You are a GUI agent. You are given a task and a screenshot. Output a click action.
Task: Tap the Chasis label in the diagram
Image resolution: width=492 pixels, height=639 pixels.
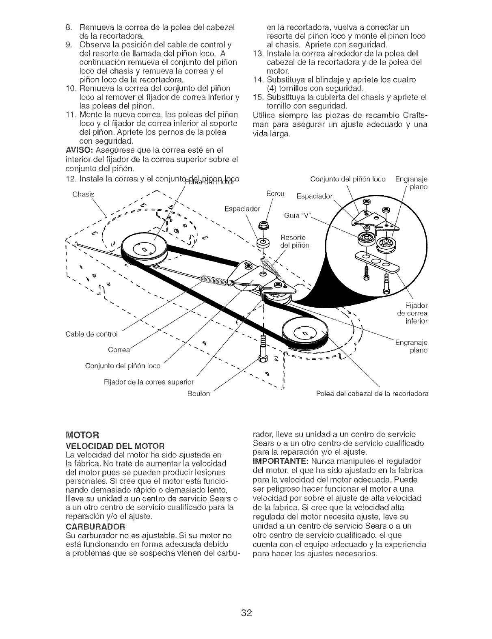coord(83,194)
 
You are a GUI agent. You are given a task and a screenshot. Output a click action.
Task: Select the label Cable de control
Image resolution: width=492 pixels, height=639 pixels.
coord(91,335)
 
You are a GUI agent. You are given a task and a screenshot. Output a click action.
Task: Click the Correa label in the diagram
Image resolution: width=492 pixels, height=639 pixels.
coord(119,350)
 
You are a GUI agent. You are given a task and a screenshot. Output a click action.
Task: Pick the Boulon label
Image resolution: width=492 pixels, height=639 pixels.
coord(199,394)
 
